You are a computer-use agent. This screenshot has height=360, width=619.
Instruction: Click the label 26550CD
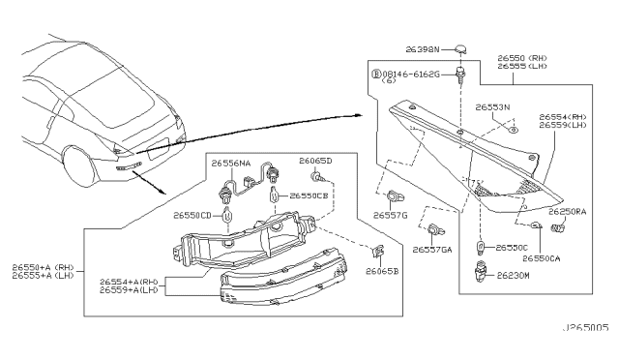192,216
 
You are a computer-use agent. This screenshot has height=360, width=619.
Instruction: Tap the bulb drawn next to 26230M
481,275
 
